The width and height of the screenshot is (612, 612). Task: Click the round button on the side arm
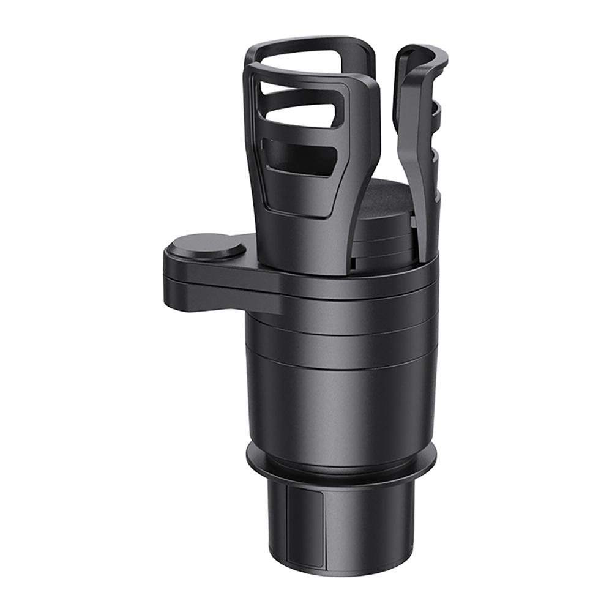[x=206, y=247]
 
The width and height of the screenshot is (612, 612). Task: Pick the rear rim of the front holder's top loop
[x=306, y=46]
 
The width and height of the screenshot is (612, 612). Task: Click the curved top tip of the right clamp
[x=422, y=52]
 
